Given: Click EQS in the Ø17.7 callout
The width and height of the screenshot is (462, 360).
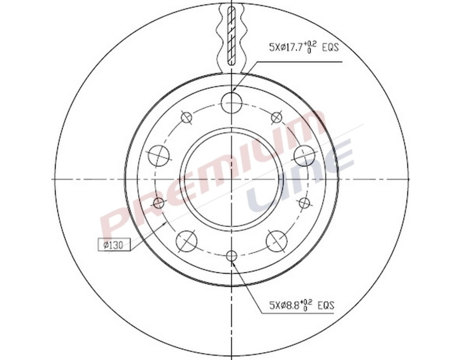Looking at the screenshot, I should coord(331,48).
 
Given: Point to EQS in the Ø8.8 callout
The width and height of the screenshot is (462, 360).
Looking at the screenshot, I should coord(326,306).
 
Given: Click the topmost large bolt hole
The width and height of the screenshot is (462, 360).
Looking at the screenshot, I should coord(232,103).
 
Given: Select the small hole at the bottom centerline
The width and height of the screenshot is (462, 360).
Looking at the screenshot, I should coord(232,255).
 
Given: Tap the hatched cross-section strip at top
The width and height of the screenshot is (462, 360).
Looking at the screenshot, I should coord(232,33).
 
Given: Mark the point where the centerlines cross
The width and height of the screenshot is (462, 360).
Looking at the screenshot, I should coord(232,179).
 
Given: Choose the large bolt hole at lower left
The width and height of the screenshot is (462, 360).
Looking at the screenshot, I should coord(186,240).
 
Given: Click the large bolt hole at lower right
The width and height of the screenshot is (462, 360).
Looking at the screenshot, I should coord(277,240).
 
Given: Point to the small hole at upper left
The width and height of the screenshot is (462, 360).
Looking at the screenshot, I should coord(187,117).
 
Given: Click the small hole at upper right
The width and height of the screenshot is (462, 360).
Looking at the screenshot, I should coord(277,117).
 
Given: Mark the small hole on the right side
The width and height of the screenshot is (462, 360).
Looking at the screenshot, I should coord(304,202).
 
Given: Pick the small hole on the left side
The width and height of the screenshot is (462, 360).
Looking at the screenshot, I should coord(159,203).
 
